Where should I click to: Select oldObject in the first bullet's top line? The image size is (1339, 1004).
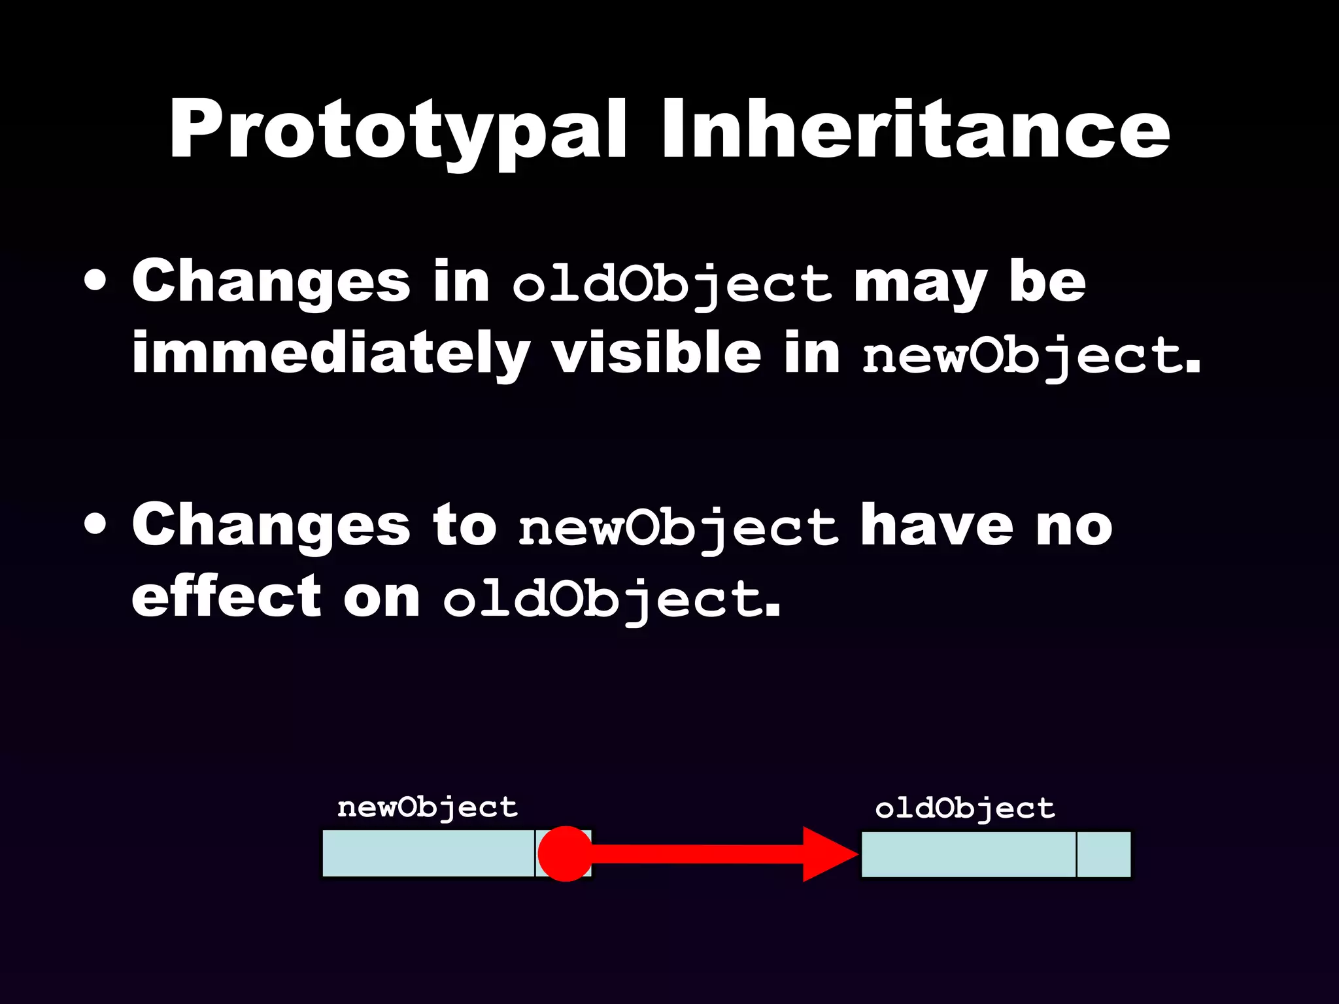(x=671, y=285)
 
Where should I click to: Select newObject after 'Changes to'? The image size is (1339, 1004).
(x=678, y=529)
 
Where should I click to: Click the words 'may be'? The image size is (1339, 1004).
(x=970, y=282)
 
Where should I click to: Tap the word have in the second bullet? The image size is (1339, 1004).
(x=937, y=526)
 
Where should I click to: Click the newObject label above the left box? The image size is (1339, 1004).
(x=428, y=808)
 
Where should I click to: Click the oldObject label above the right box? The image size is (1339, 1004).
(x=965, y=809)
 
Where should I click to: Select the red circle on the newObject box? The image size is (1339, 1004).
(x=566, y=854)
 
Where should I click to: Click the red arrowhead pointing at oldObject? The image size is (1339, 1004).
(x=828, y=854)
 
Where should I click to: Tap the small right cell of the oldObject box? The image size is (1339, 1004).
(x=1103, y=854)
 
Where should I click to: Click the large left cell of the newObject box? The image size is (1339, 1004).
(x=428, y=854)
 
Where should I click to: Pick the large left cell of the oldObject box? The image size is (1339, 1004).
(x=968, y=854)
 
